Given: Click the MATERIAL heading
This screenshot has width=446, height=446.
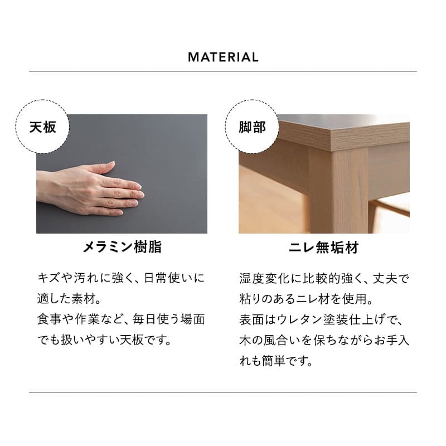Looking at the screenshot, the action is (x=223, y=57).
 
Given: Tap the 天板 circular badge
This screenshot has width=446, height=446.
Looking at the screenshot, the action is (x=42, y=127).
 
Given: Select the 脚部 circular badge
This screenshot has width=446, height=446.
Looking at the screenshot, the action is (x=252, y=127).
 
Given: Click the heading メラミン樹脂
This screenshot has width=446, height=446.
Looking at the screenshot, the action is (x=122, y=247).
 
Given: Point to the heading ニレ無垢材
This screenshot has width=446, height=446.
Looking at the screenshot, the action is (x=324, y=248).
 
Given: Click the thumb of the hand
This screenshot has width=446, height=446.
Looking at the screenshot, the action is (x=102, y=167).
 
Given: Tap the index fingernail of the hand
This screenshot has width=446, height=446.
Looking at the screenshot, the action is (x=138, y=186).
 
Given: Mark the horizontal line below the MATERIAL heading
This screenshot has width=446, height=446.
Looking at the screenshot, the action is (x=223, y=71).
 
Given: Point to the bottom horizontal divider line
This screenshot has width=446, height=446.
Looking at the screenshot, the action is (x=223, y=392).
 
